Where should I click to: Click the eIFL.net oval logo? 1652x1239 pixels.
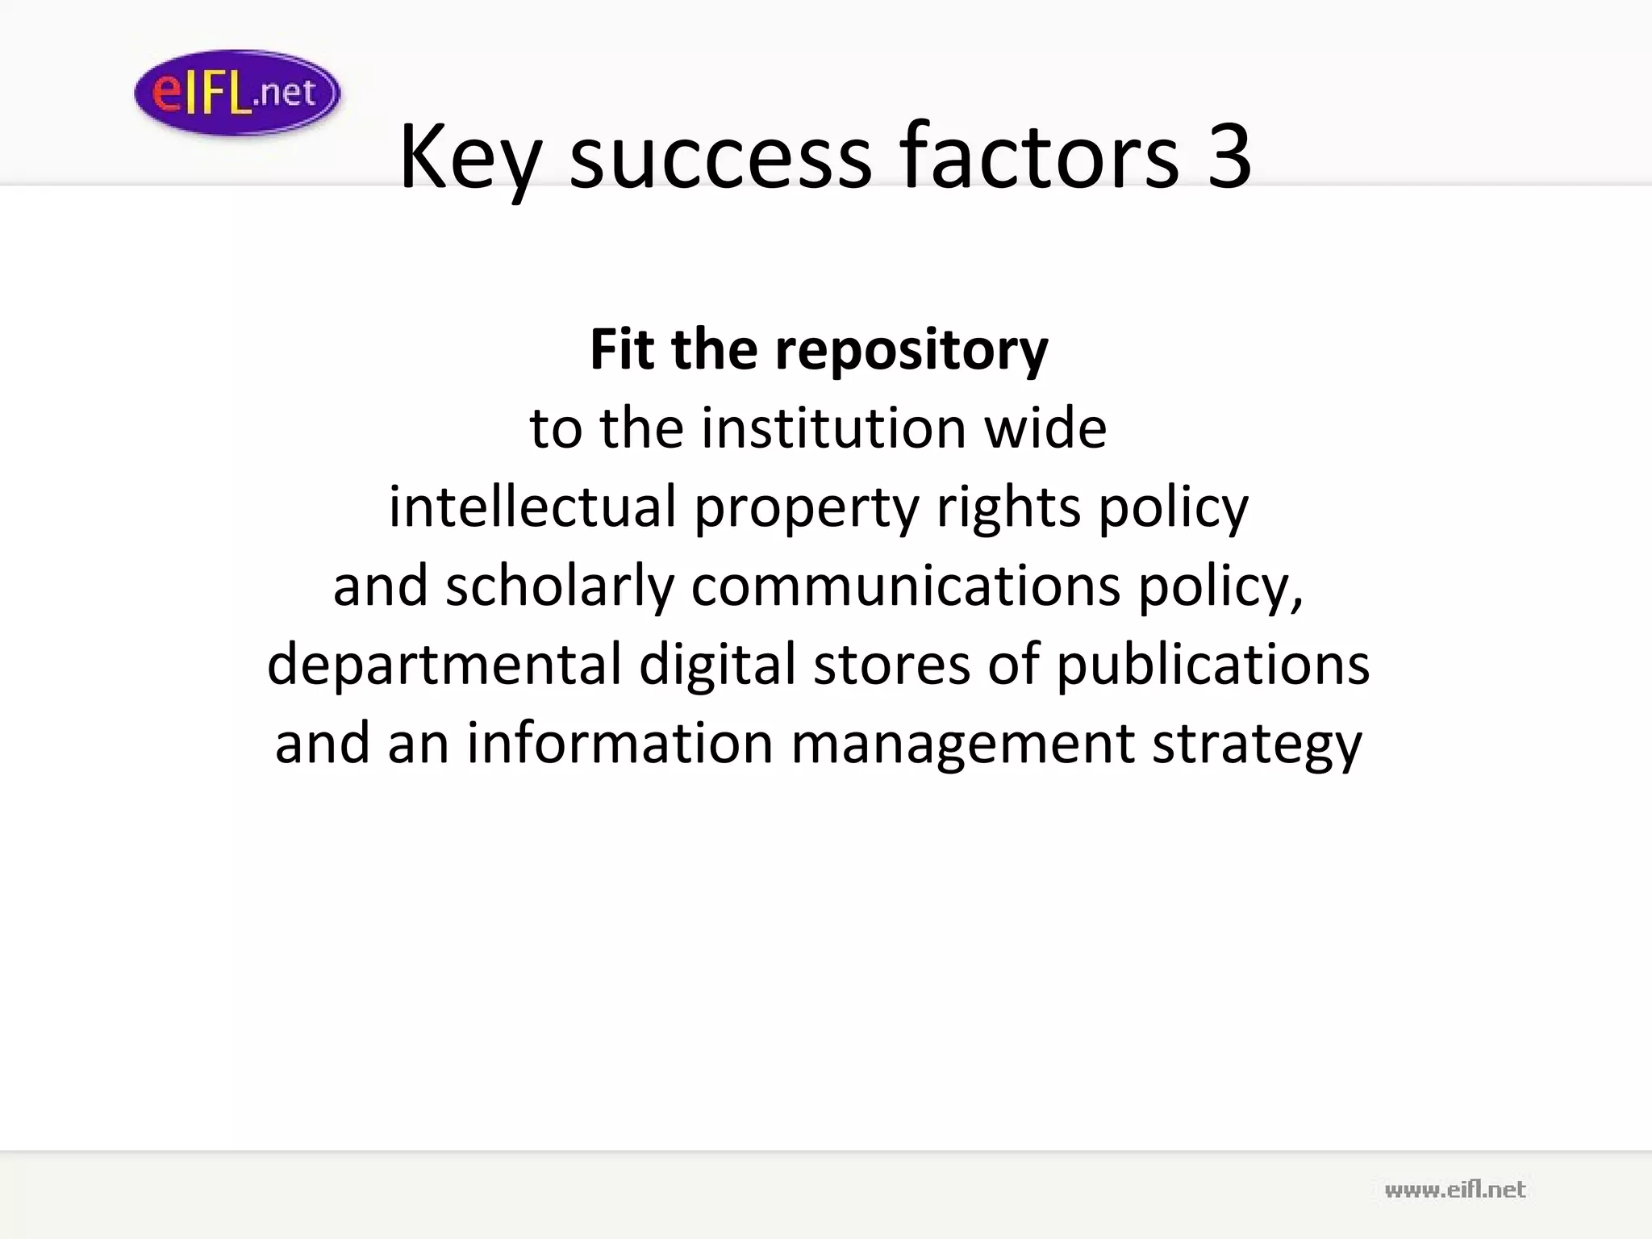[x=237, y=93]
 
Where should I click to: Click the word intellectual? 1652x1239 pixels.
[x=532, y=507]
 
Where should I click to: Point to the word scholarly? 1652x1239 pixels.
[x=559, y=586]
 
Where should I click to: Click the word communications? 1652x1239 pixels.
[x=905, y=586]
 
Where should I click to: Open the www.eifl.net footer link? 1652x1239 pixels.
[x=1455, y=1190]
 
